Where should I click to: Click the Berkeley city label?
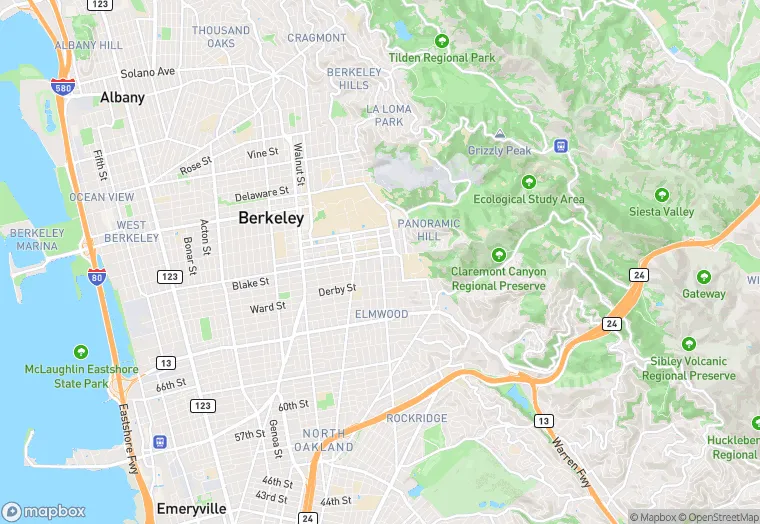click(271, 218)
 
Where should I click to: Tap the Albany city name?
click(122, 98)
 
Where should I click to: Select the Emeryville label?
click(191, 509)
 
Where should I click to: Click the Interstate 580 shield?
click(61, 86)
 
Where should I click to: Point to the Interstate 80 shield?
click(96, 276)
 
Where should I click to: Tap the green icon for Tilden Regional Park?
click(442, 41)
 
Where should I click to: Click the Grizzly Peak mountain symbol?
click(500, 133)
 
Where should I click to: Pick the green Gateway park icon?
click(704, 277)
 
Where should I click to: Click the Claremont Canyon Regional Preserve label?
click(499, 278)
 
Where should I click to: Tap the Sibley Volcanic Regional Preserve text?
click(688, 369)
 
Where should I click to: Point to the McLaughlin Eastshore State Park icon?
click(81, 352)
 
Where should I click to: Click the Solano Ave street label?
click(147, 73)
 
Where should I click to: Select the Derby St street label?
click(337, 290)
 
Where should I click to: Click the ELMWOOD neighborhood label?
click(381, 314)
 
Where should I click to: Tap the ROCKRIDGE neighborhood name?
click(416, 418)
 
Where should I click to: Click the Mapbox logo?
click(44, 510)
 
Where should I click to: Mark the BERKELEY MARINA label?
click(37, 239)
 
